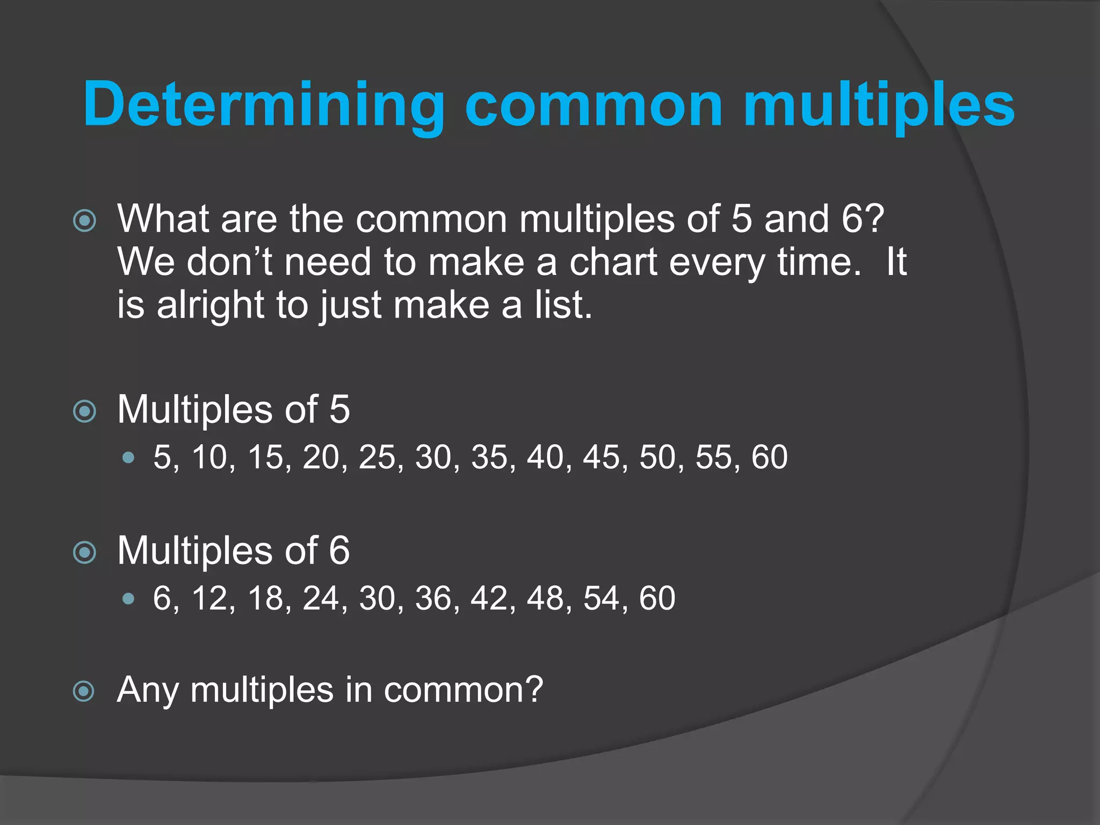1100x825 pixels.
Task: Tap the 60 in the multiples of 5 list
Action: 770,458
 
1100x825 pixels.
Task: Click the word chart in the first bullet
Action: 613,263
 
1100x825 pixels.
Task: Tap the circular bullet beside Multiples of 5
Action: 84,411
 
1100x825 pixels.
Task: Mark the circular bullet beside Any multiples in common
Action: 84,691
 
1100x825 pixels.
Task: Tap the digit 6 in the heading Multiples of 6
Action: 339,551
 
